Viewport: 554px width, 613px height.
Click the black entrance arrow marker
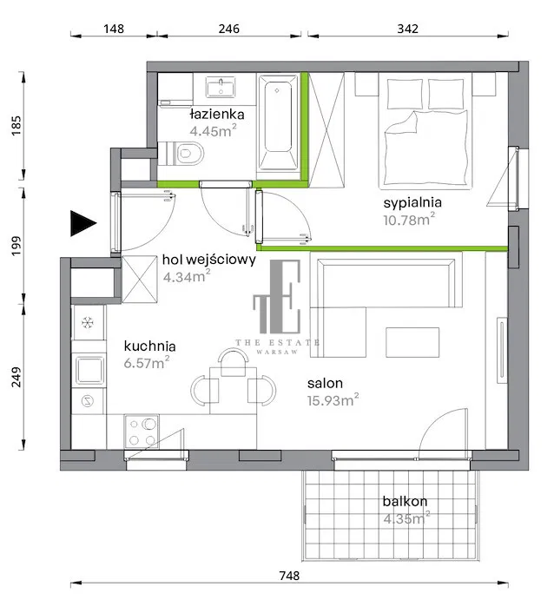point(82,223)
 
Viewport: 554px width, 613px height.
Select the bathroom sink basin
point(221,87)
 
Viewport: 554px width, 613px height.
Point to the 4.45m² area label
point(213,130)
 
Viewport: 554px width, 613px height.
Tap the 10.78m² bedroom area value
point(409,220)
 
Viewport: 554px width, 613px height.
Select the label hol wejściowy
point(209,260)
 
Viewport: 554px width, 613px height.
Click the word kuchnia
point(149,346)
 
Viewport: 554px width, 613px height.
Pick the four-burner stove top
point(142,432)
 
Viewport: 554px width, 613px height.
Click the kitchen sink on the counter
point(89,370)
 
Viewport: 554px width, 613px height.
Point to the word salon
point(325,383)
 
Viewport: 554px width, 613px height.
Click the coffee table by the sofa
point(412,342)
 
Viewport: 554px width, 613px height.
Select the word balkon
point(405,501)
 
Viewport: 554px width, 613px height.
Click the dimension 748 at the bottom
point(289,576)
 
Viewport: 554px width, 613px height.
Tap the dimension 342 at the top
point(408,29)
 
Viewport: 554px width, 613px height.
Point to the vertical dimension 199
point(16,246)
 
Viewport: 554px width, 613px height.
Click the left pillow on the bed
point(405,94)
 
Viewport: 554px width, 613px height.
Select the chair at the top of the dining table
point(234,361)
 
